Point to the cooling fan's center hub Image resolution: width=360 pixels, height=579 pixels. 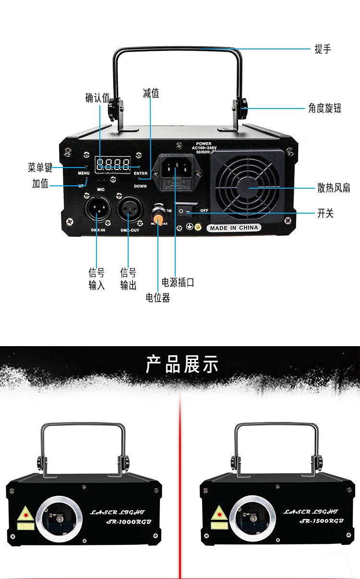248,187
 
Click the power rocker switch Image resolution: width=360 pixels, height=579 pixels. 186,211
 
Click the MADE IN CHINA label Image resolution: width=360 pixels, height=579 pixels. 234,228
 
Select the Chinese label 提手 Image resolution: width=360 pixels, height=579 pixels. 323,49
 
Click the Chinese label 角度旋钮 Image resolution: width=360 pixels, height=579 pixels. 324,109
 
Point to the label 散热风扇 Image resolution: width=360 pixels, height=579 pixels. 333,188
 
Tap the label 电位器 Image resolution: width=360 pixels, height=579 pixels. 158,298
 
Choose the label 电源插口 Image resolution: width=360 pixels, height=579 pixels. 178,282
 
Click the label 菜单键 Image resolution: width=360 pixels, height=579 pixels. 40,168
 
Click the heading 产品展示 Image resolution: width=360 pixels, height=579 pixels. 181,365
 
